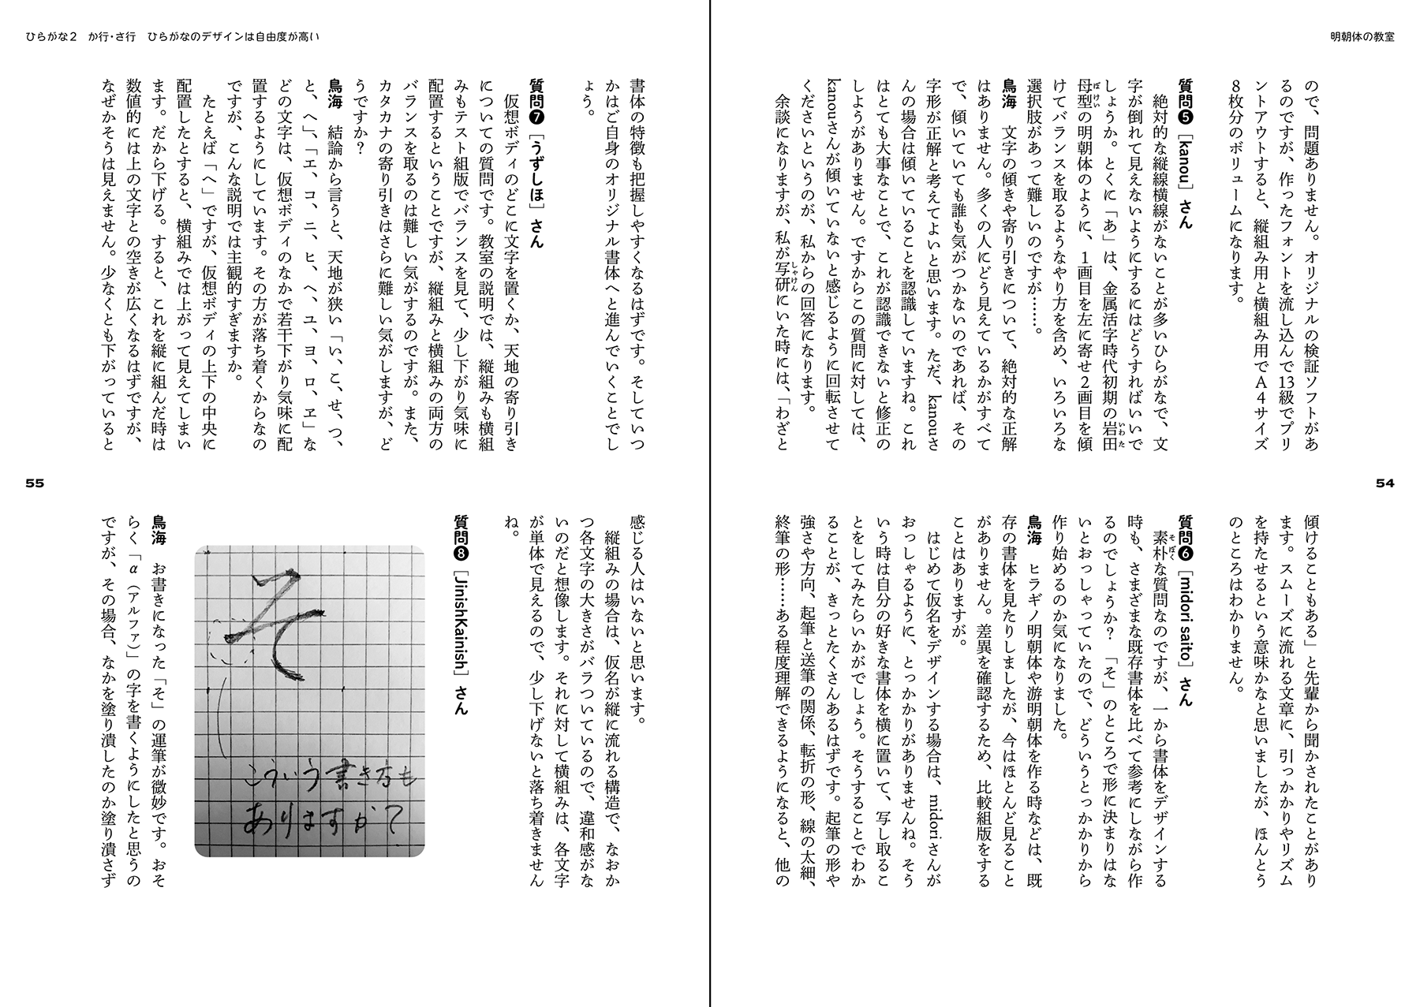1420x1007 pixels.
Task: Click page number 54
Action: (1385, 484)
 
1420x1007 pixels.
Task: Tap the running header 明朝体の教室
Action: (1362, 38)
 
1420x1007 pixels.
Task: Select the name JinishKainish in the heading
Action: (461, 625)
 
